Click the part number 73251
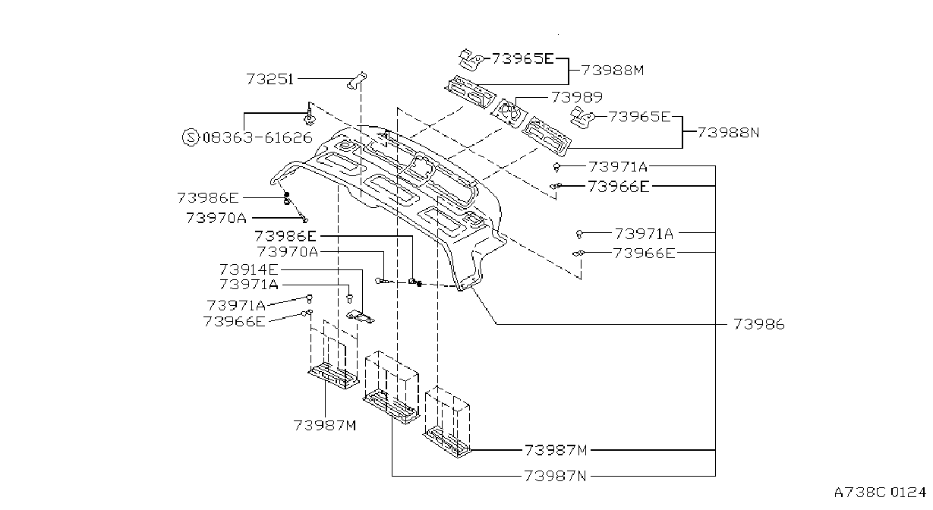click(270, 79)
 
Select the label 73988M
click(613, 71)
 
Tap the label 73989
click(577, 97)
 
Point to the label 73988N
click(728, 132)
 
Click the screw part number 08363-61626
click(257, 137)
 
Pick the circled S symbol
click(191, 137)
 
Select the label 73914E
click(249, 269)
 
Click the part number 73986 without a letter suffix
click(759, 324)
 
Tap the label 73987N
click(555, 476)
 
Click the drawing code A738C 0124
click(880, 493)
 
